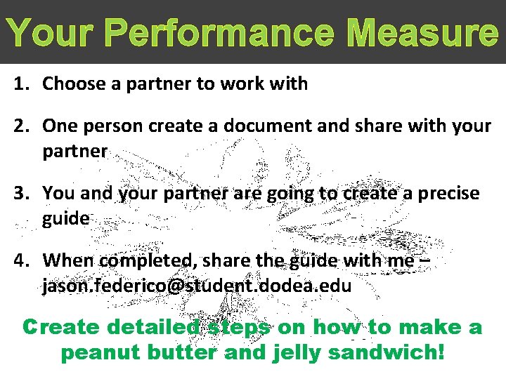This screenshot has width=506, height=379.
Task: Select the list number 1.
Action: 22,84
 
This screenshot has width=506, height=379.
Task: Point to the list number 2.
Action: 22,126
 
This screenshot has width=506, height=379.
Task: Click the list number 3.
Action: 22,193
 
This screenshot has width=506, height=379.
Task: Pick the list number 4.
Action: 22,260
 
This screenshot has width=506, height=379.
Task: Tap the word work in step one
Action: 241,84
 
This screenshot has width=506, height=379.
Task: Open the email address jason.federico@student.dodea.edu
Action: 197,286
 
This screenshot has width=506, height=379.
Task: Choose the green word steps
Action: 239,328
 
